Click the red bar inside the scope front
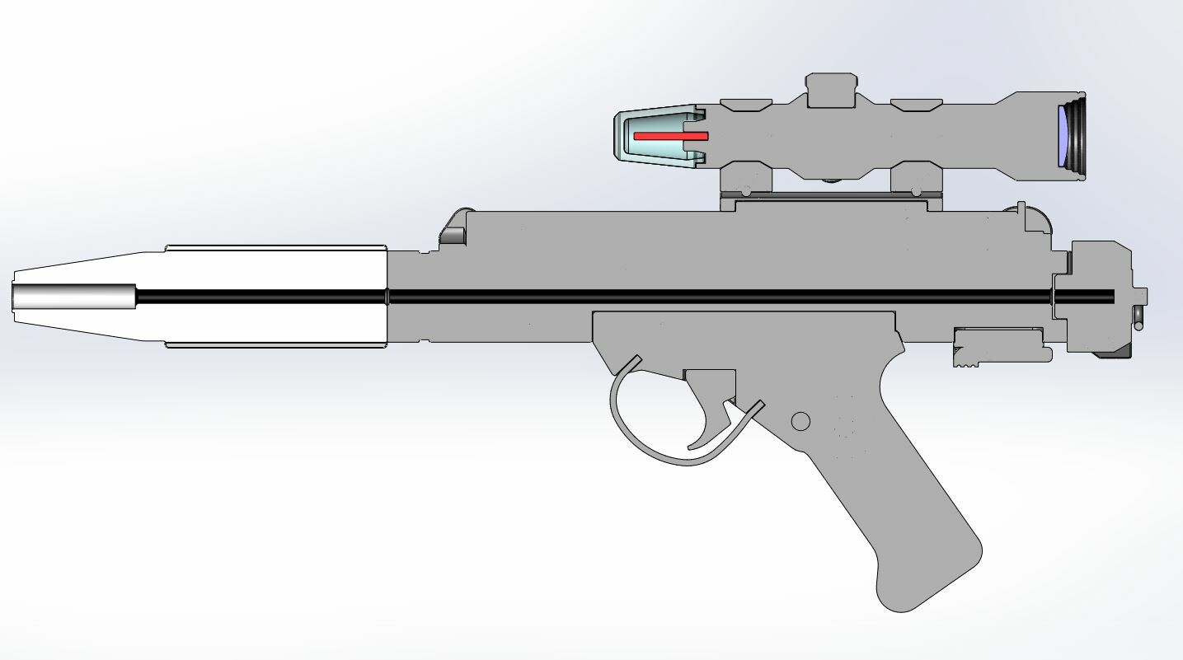pos(670,135)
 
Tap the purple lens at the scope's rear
pos(1063,136)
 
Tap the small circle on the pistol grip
pos(800,422)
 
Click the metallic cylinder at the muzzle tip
pos(74,297)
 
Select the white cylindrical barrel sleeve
pos(276,268)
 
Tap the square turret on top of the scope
pos(831,90)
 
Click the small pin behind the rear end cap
pos(1138,318)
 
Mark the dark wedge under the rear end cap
pos(1113,354)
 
